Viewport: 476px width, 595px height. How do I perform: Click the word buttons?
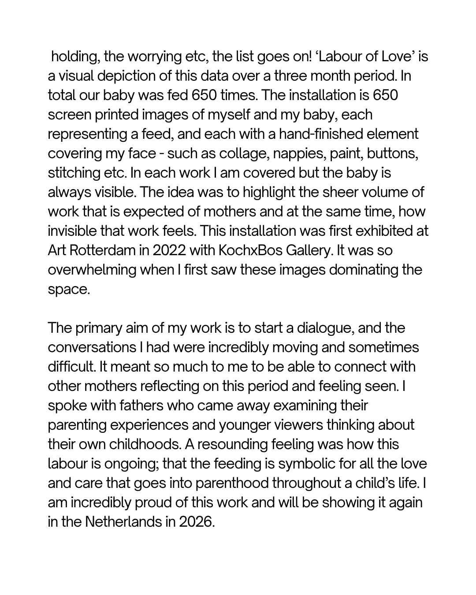pos(392,153)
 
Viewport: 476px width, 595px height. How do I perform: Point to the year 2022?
pos(169,250)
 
